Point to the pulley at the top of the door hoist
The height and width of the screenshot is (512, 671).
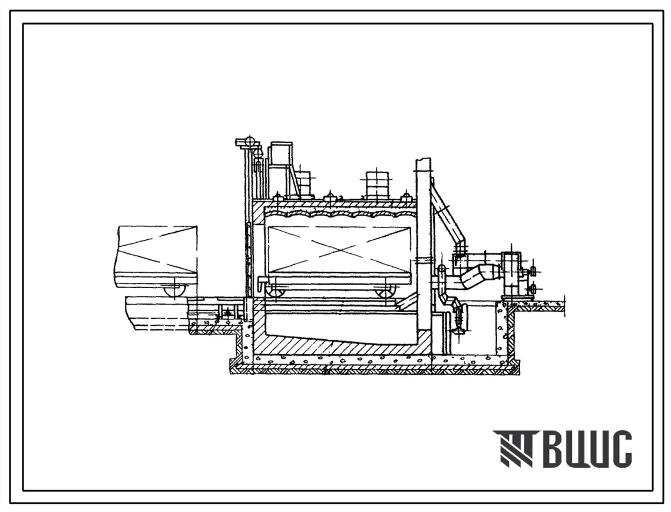249,142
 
